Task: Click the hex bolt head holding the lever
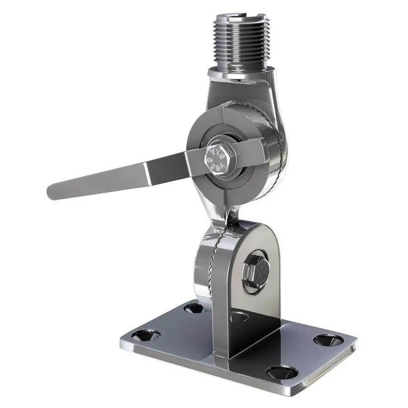pyautogui.click(x=220, y=156)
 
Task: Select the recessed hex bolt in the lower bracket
pyautogui.click(x=254, y=272)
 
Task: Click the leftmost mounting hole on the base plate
pyautogui.click(x=146, y=335)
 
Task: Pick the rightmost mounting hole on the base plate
pyautogui.click(x=327, y=340)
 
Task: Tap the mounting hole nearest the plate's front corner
pyautogui.click(x=282, y=372)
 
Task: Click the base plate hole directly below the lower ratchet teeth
pyautogui.click(x=194, y=308)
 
